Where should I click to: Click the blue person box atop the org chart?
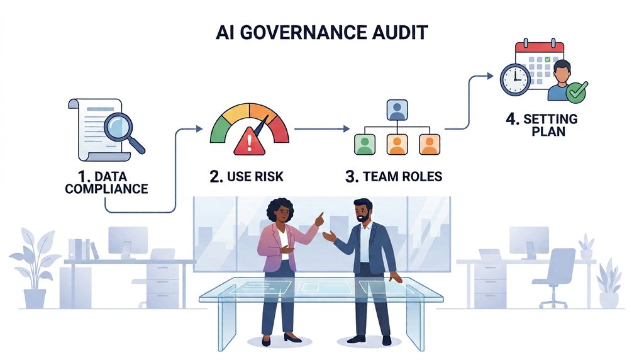(x=397, y=110)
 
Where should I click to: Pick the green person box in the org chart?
(x=365, y=144)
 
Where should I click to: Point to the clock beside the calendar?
(x=515, y=80)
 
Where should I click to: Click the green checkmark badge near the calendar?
(x=577, y=92)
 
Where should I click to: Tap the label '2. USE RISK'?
(x=247, y=176)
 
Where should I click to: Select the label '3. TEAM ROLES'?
(x=394, y=176)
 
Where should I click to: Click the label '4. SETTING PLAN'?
(x=541, y=125)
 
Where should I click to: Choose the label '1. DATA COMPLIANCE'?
(x=106, y=183)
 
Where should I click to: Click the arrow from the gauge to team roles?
(x=322, y=129)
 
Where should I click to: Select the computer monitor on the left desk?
(x=128, y=242)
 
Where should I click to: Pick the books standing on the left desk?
(x=84, y=249)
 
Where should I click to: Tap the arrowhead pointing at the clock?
(x=490, y=76)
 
